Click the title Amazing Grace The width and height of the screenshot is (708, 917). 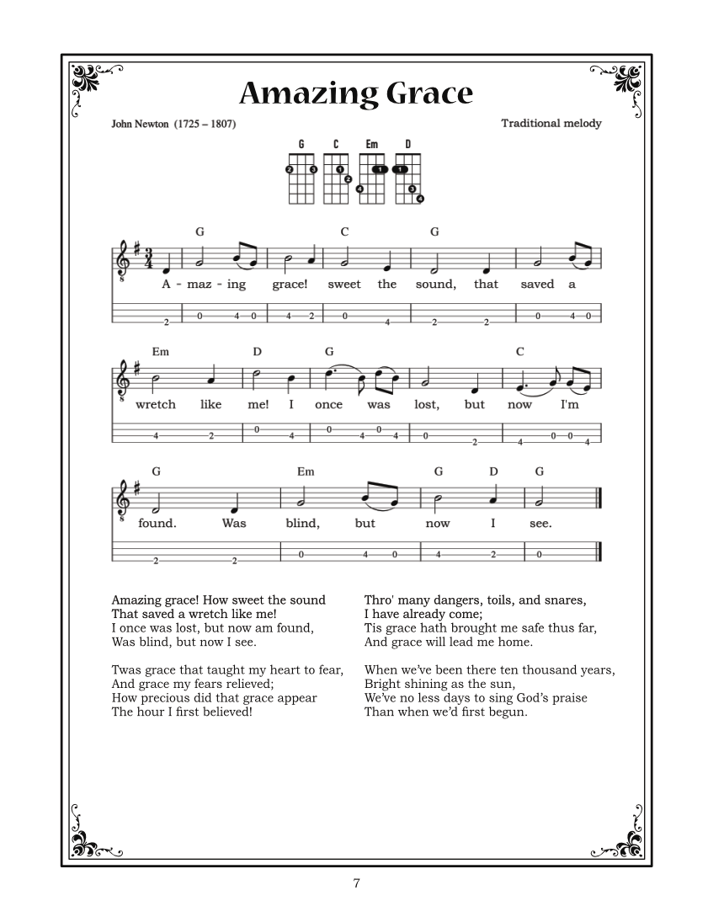point(355,93)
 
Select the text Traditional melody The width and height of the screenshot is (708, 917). point(551,123)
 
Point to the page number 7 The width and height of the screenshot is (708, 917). point(356,883)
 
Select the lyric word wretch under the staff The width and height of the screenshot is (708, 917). point(156,404)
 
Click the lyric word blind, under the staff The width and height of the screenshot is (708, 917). point(302,523)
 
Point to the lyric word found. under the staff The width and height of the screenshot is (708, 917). point(157,523)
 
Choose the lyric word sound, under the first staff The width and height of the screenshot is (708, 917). point(435,285)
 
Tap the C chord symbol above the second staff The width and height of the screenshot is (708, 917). point(519,351)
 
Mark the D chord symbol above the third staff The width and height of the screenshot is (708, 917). point(494,472)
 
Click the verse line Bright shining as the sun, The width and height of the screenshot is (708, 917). point(439,684)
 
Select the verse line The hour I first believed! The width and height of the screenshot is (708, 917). point(182,712)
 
